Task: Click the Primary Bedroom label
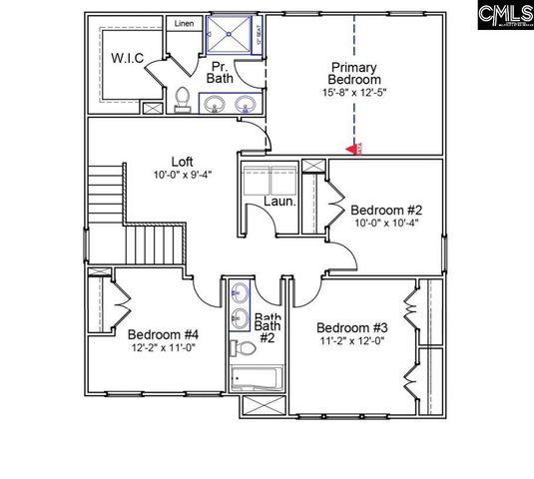point(355,75)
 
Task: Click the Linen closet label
point(185,23)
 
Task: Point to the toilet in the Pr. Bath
point(183,98)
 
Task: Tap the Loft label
point(181,160)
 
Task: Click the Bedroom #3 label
point(351,328)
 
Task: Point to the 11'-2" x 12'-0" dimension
point(351,342)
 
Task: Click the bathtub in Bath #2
point(257,378)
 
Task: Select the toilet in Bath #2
point(244,348)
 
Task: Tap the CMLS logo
point(504,14)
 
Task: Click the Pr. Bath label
point(220,70)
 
